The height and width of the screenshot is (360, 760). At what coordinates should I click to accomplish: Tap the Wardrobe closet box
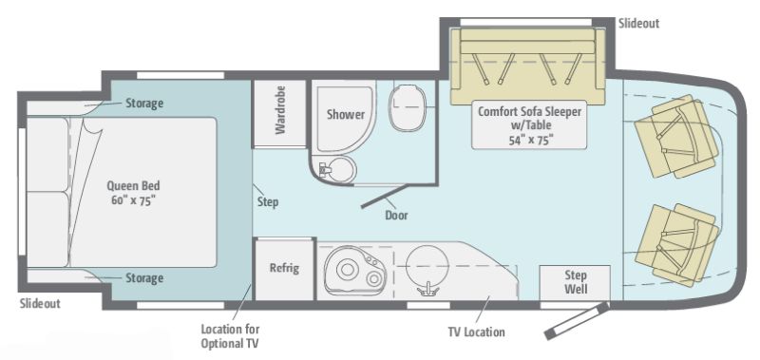[x=279, y=113]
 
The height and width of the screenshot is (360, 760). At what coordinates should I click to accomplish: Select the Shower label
[x=346, y=114]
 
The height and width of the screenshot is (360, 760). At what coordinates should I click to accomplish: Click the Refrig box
[x=283, y=268]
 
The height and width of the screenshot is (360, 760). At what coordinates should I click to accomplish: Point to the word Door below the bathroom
[x=396, y=215]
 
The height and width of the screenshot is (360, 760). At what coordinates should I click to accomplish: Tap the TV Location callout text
[x=476, y=332]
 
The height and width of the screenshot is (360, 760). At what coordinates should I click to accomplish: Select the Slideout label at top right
[x=637, y=23]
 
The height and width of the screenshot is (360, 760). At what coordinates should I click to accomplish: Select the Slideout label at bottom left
[x=41, y=303]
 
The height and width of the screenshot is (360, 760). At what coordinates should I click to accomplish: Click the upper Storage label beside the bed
[x=144, y=103]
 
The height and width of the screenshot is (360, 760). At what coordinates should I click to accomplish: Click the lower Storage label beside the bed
[x=144, y=278]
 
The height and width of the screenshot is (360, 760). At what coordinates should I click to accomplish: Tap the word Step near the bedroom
[x=267, y=201]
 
